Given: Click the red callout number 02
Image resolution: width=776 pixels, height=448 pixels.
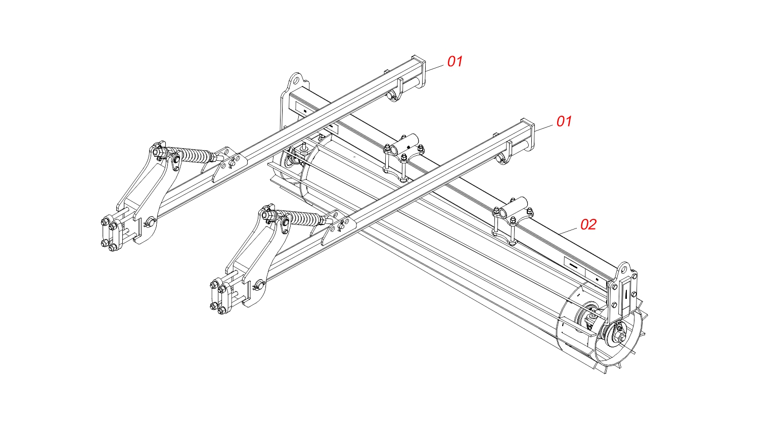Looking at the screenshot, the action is pyautogui.click(x=588, y=225).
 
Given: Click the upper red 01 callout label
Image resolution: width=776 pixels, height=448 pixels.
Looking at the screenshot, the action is pyautogui.click(x=455, y=61).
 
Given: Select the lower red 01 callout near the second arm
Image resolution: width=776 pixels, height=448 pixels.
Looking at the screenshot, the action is pyautogui.click(x=564, y=121).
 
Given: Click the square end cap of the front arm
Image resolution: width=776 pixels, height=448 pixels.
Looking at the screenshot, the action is pyautogui.click(x=527, y=135).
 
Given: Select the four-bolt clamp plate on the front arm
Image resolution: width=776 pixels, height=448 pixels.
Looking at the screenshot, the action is pyautogui.click(x=220, y=297).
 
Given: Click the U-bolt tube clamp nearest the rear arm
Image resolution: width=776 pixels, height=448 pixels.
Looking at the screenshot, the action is pyautogui.click(x=403, y=158).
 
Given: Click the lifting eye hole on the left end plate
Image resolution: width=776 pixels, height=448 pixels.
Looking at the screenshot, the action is pyautogui.click(x=296, y=81).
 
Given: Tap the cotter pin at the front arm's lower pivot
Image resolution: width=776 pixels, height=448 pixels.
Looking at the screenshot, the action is pyautogui.click(x=258, y=286).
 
